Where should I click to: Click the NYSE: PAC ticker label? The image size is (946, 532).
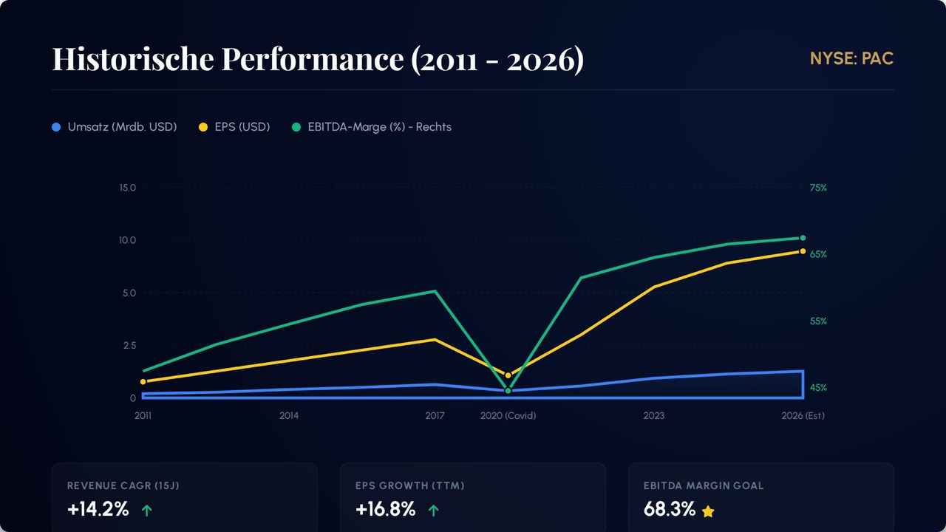click(x=851, y=58)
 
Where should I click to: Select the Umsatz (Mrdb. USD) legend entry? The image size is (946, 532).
click(x=115, y=127)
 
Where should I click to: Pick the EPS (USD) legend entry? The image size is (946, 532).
click(x=234, y=127)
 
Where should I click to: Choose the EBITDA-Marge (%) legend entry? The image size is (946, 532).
click(x=371, y=127)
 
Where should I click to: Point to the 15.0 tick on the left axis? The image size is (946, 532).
click(x=128, y=188)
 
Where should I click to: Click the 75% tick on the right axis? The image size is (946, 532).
click(x=818, y=188)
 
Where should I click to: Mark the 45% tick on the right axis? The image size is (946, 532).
click(x=818, y=388)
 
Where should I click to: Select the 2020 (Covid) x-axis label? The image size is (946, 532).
click(x=508, y=415)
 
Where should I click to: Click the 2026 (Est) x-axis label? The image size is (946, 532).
click(x=803, y=415)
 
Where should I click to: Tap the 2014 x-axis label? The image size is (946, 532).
click(x=289, y=415)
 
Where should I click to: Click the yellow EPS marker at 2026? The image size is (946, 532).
click(x=803, y=251)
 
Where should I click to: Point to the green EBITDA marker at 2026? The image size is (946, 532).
click(x=803, y=238)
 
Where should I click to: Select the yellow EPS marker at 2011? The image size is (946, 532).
click(x=143, y=381)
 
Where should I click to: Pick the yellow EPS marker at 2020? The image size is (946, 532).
click(x=508, y=375)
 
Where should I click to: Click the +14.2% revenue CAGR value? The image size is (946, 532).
click(x=98, y=509)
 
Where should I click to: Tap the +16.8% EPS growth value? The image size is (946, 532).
click(x=385, y=509)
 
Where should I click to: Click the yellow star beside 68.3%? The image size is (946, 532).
click(x=708, y=511)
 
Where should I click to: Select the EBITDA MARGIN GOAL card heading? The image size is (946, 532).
click(x=704, y=485)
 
